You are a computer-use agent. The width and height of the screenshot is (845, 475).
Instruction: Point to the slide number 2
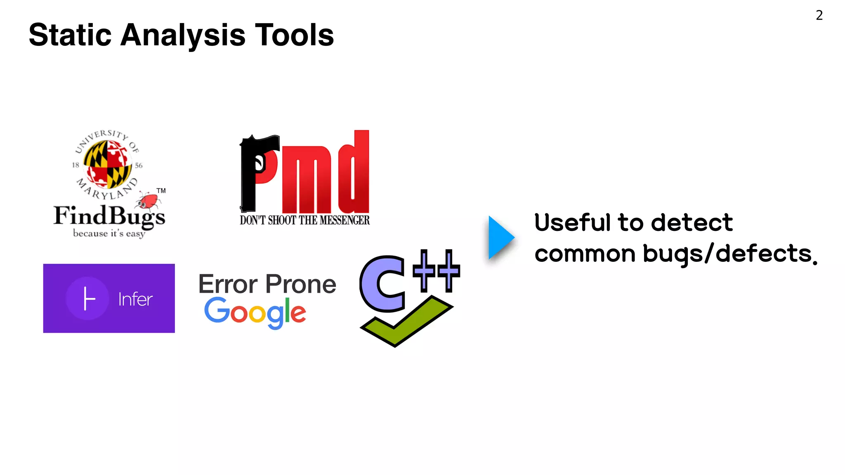pyautogui.click(x=819, y=15)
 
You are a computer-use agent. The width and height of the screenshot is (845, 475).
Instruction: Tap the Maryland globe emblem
pyautogui.click(x=107, y=164)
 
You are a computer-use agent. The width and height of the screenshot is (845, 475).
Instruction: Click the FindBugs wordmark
pyautogui.click(x=109, y=216)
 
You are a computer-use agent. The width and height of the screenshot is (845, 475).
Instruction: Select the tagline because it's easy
pyautogui.click(x=109, y=233)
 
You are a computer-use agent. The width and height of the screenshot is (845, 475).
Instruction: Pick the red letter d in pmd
pyautogui.click(x=354, y=173)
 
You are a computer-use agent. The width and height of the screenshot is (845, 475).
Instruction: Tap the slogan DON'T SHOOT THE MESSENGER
pyautogui.click(x=304, y=220)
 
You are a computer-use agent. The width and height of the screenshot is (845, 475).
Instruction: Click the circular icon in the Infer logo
pyautogui.click(x=87, y=298)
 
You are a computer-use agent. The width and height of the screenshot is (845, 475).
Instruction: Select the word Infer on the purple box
pyautogui.click(x=135, y=299)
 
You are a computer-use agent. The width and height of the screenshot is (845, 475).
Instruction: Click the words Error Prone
pyautogui.click(x=267, y=284)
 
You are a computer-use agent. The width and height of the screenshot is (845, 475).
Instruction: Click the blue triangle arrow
pyautogui.click(x=500, y=238)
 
